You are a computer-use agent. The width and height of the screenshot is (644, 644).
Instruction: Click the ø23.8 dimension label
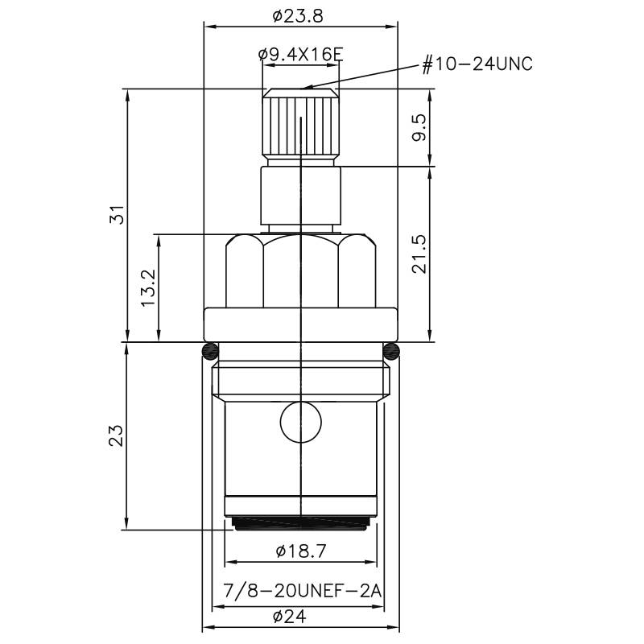coord(298,16)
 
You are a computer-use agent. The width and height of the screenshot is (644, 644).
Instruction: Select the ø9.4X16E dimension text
coord(300,54)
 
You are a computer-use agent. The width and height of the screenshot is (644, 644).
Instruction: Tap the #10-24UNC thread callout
coord(477,64)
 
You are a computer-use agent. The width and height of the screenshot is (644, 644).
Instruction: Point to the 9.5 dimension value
coord(419,128)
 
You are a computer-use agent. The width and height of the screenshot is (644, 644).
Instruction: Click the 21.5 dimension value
coord(419,254)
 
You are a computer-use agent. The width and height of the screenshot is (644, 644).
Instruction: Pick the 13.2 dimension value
coord(148,288)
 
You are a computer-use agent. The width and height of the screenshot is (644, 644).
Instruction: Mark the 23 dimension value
coord(116,436)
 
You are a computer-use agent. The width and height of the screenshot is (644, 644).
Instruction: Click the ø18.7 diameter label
coord(301,551)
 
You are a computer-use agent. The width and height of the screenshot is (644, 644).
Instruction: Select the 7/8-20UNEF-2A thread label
coord(303,592)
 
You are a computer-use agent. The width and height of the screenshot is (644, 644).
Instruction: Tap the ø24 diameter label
coord(290,616)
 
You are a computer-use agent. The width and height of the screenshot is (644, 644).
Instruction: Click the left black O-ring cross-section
coord(210,351)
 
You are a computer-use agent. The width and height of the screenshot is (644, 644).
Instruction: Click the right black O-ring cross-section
coord(390,351)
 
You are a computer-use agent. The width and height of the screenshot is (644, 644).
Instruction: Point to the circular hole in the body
coord(300,422)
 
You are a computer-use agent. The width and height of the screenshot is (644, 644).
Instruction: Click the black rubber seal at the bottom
coord(300,523)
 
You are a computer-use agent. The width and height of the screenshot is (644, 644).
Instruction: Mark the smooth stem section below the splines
coord(300,196)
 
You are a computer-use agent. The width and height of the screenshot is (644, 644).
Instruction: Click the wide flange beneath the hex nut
coord(300,324)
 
